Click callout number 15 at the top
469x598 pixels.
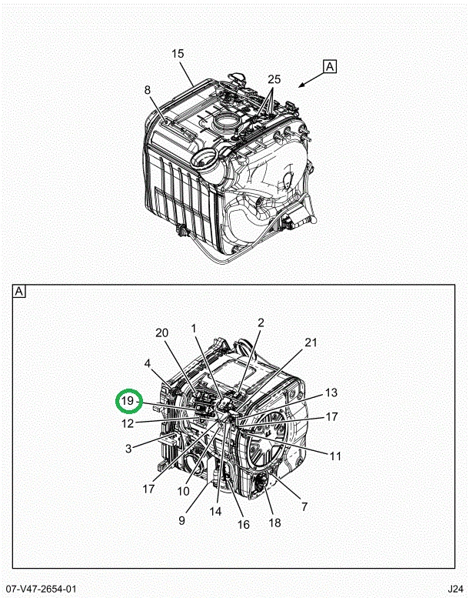click(x=178, y=54)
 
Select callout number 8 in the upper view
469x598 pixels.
click(x=148, y=90)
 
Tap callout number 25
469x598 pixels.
click(x=274, y=79)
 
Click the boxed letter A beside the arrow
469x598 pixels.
click(x=330, y=66)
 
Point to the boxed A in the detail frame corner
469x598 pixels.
click(x=19, y=292)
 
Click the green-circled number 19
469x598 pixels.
click(x=128, y=401)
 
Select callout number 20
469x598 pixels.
click(x=162, y=333)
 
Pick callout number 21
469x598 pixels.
click(x=311, y=342)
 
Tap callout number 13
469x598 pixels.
click(x=331, y=393)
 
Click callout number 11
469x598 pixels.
click(x=335, y=456)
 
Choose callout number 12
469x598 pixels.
click(x=128, y=423)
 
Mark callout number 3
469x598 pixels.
click(x=128, y=449)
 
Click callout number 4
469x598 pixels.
click(x=148, y=363)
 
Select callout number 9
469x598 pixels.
click(x=181, y=520)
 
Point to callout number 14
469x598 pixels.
click(x=215, y=512)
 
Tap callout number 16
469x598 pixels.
click(x=244, y=525)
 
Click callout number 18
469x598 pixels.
click(x=274, y=523)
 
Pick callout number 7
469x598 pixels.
click(x=304, y=506)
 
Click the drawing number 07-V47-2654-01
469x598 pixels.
click(x=41, y=589)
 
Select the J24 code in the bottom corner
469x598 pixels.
click(x=455, y=589)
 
